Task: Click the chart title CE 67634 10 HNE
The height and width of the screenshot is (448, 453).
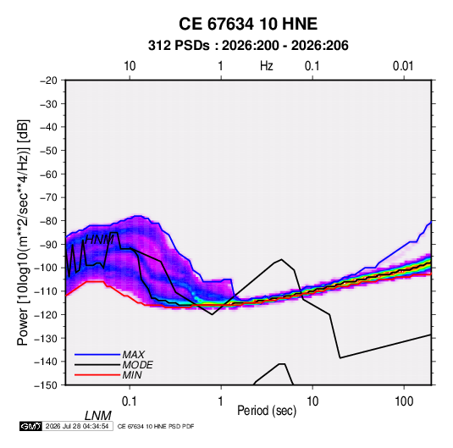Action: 248,24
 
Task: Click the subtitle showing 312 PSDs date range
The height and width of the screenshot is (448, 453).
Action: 248,46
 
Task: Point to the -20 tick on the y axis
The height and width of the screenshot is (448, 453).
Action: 48,80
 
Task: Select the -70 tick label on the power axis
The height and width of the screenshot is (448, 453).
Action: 48,197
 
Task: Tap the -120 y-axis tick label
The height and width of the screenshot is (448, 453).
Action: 46,314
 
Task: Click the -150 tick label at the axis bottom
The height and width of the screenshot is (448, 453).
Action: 46,385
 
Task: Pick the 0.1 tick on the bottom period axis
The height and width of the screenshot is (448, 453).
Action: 130,401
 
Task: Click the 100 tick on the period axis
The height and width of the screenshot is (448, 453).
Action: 404,401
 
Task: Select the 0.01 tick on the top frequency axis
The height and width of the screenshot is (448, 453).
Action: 403,66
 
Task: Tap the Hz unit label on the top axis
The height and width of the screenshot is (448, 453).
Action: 267,66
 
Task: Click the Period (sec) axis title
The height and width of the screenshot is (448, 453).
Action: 267,411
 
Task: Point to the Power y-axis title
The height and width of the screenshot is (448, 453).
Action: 23,232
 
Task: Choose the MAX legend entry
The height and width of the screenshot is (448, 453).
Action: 133,354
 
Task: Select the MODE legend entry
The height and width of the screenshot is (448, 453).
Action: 137,365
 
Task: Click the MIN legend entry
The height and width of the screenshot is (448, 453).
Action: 132,375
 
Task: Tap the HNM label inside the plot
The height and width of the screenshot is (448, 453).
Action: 99,240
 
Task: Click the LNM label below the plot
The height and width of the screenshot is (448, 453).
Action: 98,416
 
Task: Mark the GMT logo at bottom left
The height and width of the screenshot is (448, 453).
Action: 31,426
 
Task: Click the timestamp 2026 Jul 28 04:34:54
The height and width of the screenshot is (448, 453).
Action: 77,426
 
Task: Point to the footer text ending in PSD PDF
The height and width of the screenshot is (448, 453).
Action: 156,426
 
